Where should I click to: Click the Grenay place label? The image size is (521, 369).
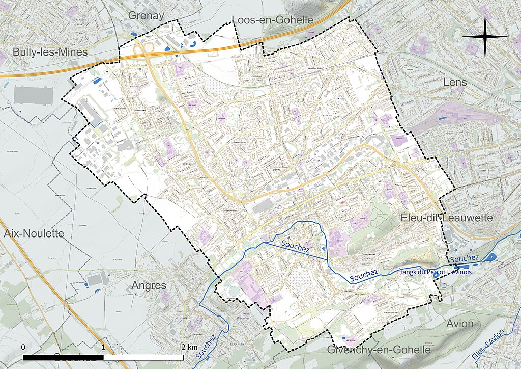(x=146, y=15)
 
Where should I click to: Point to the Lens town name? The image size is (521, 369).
(x=455, y=82)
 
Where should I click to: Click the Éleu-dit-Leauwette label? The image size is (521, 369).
(x=446, y=218)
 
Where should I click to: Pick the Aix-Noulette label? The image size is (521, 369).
(x=34, y=233)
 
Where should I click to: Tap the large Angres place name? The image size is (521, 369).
(x=149, y=285)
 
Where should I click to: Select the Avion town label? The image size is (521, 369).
(x=459, y=324)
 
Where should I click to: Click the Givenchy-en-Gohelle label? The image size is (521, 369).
(x=379, y=350)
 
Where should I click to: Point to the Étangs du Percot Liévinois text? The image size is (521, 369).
(x=433, y=272)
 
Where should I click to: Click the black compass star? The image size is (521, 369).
(x=485, y=37)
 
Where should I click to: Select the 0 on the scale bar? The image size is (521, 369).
(x=23, y=347)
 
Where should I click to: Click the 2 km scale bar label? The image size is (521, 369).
(x=189, y=347)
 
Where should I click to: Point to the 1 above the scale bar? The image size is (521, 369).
(x=104, y=347)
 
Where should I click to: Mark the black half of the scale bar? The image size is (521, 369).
(x=64, y=357)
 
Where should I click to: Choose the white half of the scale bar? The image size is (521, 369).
(x=143, y=357)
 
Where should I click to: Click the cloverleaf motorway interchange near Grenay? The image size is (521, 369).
(x=144, y=49)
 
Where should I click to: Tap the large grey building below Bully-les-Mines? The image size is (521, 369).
(x=34, y=95)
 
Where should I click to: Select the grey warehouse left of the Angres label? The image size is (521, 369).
(x=97, y=279)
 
